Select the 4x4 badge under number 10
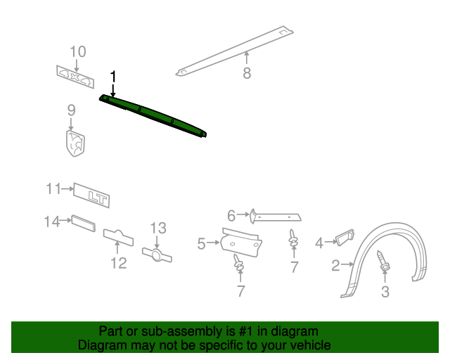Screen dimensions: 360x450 pos(75,77)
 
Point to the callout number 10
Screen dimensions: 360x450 pos(77,51)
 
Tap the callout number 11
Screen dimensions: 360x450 pos(54,188)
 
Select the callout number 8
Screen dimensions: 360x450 pos(246,73)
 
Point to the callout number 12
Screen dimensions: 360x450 pos(118,263)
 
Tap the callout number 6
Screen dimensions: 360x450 pos(231,215)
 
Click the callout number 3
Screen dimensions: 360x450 pos(385,292)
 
